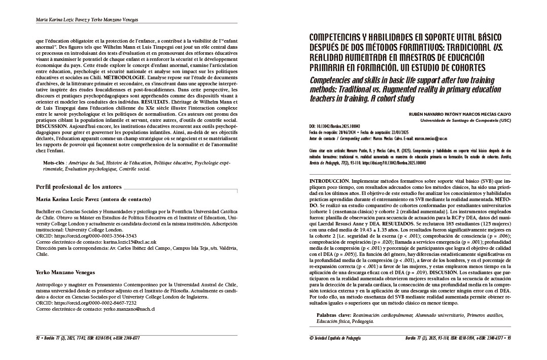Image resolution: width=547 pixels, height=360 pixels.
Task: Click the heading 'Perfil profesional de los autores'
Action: [x=79, y=187]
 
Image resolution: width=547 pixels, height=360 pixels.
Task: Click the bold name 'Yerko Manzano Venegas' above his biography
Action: [x=65, y=272]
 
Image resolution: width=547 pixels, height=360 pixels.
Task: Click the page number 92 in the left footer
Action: [x=39, y=338]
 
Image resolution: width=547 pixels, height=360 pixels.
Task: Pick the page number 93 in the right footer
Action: [x=508, y=338]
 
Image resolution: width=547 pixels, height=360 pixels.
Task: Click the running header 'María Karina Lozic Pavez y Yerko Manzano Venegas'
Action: [x=87, y=20]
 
